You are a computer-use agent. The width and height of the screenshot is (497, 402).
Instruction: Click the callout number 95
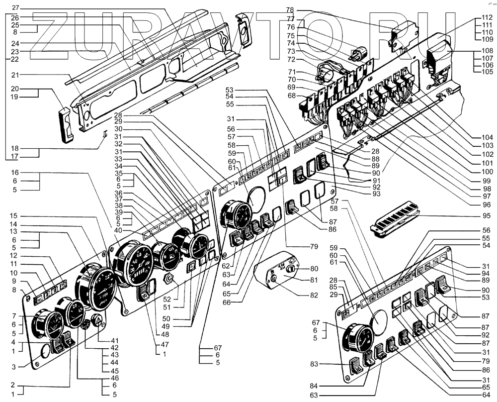click(x=486, y=216)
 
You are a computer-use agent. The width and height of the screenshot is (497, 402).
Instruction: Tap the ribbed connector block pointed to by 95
click(x=395, y=219)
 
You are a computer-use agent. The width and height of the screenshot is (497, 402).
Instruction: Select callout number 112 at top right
click(x=487, y=17)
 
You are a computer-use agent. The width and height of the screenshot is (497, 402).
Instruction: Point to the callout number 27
click(x=16, y=7)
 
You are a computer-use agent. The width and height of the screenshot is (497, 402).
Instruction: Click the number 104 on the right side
click(x=487, y=137)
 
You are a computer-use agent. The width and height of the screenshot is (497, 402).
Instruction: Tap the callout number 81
click(x=314, y=280)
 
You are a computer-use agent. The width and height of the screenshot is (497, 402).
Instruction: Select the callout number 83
click(x=314, y=364)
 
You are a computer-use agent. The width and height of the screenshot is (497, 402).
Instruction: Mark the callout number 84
click(x=314, y=386)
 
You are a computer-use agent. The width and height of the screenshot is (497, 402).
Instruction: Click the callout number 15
click(x=13, y=216)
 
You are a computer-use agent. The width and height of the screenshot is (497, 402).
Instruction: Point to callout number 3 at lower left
click(x=13, y=367)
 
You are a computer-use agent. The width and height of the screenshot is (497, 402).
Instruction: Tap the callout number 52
click(x=166, y=299)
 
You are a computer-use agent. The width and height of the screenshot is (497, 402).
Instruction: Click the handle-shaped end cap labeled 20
click(x=67, y=125)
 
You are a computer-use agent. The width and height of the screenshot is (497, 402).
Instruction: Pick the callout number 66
click(x=226, y=302)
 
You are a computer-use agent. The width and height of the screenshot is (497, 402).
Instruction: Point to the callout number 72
click(x=291, y=59)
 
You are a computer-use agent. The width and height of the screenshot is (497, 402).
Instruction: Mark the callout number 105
click(x=487, y=72)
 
